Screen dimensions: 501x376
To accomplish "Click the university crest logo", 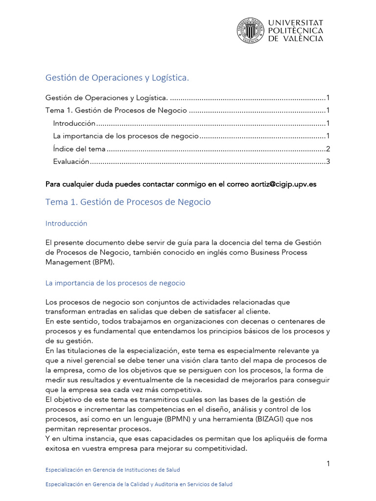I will click(250, 30).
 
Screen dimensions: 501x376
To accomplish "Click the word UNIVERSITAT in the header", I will click(296, 23).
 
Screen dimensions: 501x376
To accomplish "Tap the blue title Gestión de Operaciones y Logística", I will click(117, 78).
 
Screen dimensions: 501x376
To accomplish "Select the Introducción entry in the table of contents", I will click(74, 123).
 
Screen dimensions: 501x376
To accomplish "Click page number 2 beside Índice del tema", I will click(329, 149).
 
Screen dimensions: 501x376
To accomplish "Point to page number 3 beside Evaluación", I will click(329, 161).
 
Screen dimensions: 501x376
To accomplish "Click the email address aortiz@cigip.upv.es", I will click(283, 184).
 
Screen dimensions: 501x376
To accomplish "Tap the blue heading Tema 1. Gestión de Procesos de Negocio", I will click(128, 202).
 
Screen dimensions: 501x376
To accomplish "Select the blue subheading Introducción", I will click(66, 223).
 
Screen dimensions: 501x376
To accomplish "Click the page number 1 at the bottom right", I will click(329, 463).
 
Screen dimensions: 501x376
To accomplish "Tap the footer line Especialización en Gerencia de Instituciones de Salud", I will click(112, 470).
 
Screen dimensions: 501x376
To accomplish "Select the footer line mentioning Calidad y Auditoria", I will click(139, 484).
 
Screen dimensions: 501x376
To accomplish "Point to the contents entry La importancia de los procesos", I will click(126, 136).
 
